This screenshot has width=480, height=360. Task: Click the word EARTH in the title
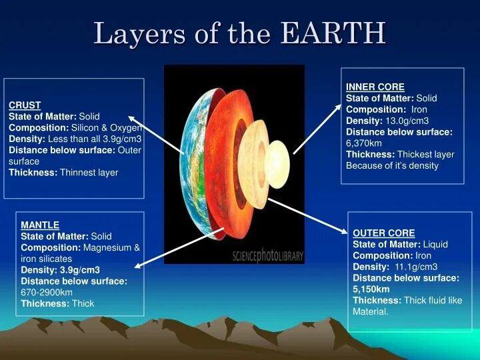coord(333,33)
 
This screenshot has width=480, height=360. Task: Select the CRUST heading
coord(25,105)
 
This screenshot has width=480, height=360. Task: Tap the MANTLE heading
coord(40,225)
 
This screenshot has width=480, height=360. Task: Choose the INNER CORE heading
coord(375,87)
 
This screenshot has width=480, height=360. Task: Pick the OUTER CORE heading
coord(384,233)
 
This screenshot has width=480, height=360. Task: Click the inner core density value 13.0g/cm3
coord(407,121)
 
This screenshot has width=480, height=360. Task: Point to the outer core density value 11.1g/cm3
coord(416,267)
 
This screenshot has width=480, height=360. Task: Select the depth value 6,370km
coord(364,143)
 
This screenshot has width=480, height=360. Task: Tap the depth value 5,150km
coord(371,289)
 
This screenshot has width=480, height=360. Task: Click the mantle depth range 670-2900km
coord(47,293)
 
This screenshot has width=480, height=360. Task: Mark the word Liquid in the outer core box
coord(435,244)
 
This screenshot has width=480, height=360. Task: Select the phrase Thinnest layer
coord(89,173)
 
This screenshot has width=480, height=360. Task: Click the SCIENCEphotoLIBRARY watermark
coord(268,256)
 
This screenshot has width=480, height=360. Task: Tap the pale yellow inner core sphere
coord(277,165)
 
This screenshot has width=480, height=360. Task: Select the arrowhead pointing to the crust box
coord(132,119)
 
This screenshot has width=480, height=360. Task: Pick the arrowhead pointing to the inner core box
coord(337,107)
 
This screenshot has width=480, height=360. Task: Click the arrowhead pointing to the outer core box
coord(344,231)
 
